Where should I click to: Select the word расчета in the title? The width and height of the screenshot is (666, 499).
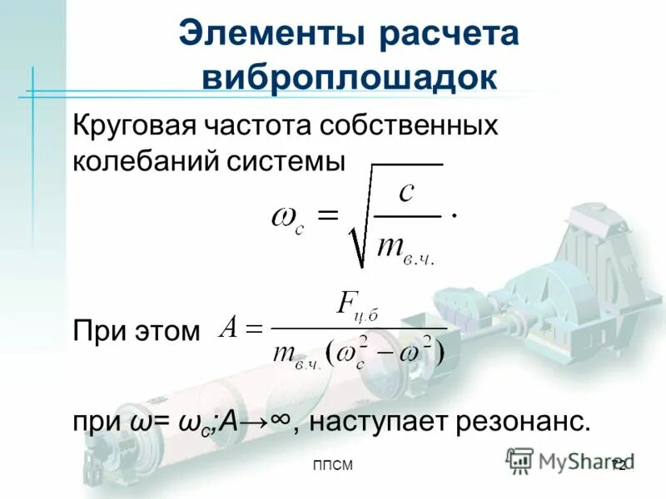450,36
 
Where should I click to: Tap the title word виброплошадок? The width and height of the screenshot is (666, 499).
350,77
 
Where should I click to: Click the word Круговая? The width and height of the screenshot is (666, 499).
133,126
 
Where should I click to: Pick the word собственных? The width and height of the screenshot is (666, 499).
410,126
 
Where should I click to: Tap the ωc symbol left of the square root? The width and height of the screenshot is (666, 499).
288,220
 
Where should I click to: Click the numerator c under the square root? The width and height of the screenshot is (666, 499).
406,194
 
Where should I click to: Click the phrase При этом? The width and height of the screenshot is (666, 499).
137,332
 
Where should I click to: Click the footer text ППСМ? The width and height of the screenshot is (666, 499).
333,466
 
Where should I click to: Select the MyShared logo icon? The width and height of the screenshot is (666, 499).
520,459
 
